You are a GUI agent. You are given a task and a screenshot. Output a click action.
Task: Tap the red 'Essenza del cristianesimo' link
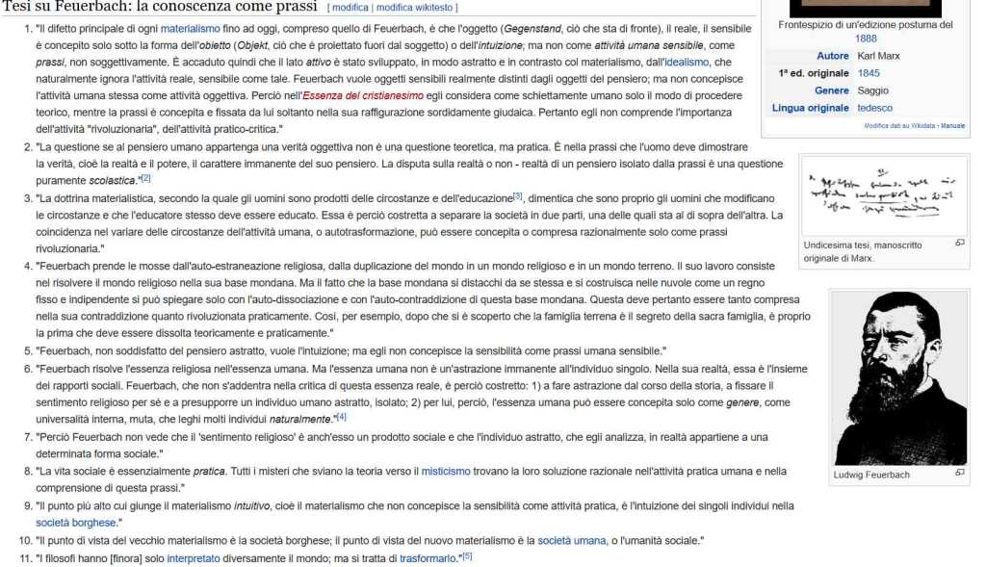pos(361,97)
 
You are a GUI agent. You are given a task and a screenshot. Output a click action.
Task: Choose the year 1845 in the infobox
pos(869,73)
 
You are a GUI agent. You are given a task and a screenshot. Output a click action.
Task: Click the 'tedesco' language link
pos(874,109)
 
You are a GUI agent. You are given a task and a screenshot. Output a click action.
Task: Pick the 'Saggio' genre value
pos(872,91)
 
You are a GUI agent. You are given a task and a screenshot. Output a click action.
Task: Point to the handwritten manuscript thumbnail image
pos(884,196)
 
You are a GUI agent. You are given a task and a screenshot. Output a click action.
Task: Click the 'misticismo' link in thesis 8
pos(446,472)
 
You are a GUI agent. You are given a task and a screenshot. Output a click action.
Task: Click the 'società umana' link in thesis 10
pos(572,540)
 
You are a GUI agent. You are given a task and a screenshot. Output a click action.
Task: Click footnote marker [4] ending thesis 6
pos(341,417)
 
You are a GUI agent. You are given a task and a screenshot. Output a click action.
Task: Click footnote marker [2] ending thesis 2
pos(145,178)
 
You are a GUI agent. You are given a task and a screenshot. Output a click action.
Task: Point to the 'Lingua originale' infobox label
pos(810,109)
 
